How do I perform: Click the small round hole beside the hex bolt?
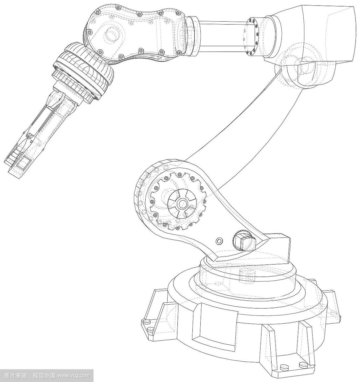[x=219, y=241]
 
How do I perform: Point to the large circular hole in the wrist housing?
[x=112, y=34]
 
